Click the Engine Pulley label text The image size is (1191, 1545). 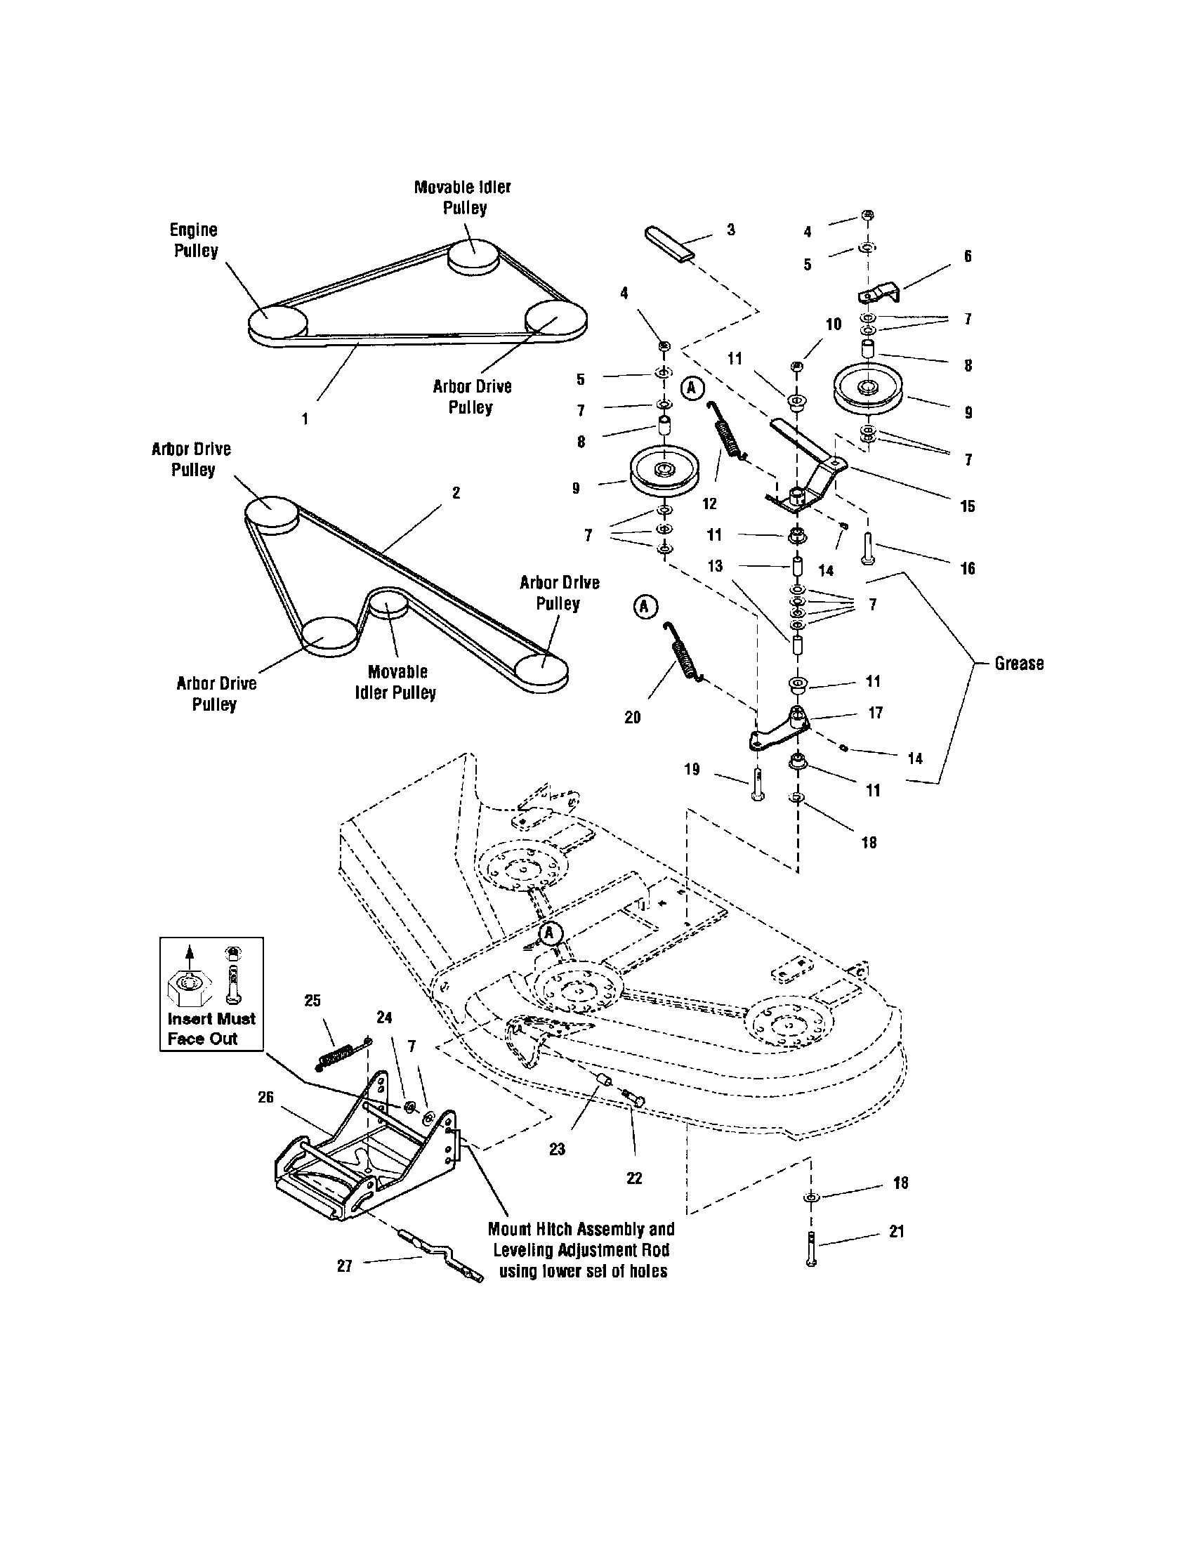coord(195,240)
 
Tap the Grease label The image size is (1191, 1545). coord(1018,664)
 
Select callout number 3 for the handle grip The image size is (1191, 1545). coord(730,230)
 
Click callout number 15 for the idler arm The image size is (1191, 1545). coord(968,506)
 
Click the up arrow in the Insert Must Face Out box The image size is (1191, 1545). coord(189,954)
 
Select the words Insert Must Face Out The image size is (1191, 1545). coord(211,1029)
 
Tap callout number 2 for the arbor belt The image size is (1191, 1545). coord(456,492)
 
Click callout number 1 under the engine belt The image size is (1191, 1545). coord(305,419)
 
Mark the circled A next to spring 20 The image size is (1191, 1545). coord(645,606)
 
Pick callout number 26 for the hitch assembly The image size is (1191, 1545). coord(265,1096)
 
